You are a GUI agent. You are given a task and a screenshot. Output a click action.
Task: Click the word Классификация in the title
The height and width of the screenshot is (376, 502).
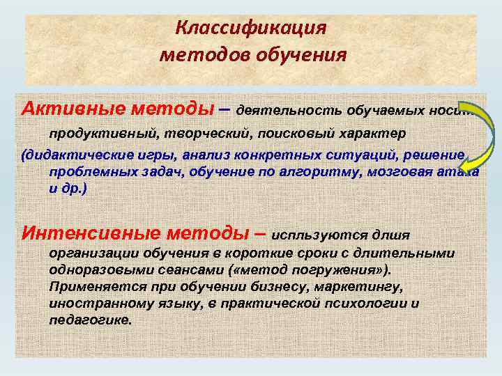coord(251,28)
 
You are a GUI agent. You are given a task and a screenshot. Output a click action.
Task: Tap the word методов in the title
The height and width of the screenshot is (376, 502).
coord(199,54)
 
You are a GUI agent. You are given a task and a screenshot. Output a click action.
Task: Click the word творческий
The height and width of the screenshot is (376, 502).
coord(178,132)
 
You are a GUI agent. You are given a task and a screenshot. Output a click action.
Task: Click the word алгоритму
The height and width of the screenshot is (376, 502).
coord(324,172)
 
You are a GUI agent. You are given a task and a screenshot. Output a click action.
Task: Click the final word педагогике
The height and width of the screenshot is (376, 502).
coord(90,321)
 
